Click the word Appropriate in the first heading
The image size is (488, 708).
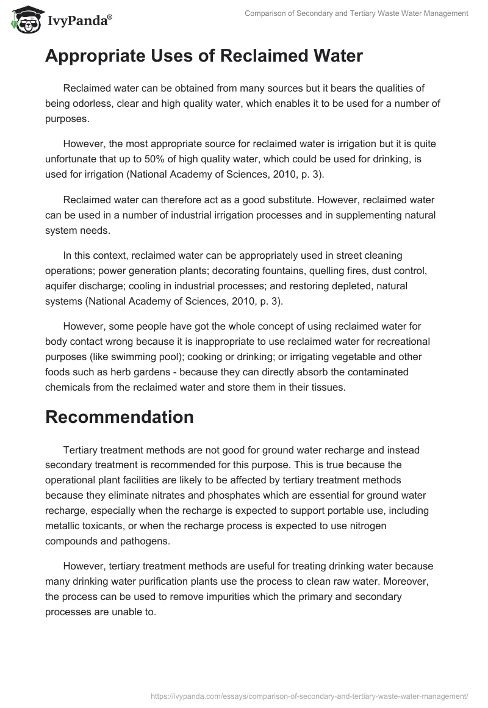[97, 56]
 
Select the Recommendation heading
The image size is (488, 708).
[120, 417]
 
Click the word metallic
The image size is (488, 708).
[63, 524]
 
